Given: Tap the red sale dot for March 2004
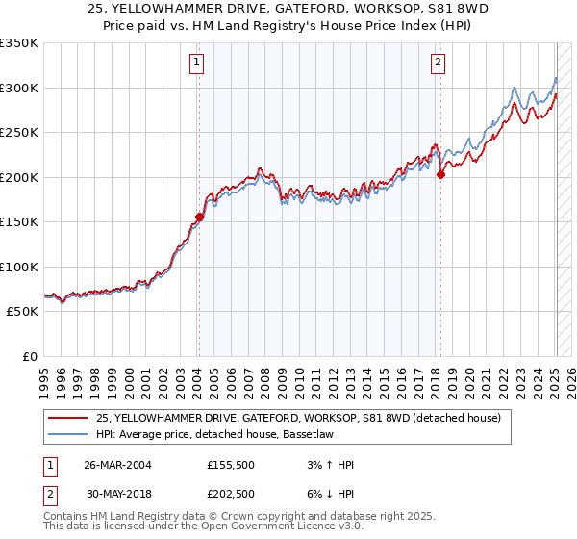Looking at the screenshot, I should [x=199, y=217].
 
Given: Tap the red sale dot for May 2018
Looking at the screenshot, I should [x=440, y=175].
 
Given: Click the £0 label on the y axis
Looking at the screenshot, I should [x=29, y=356].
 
